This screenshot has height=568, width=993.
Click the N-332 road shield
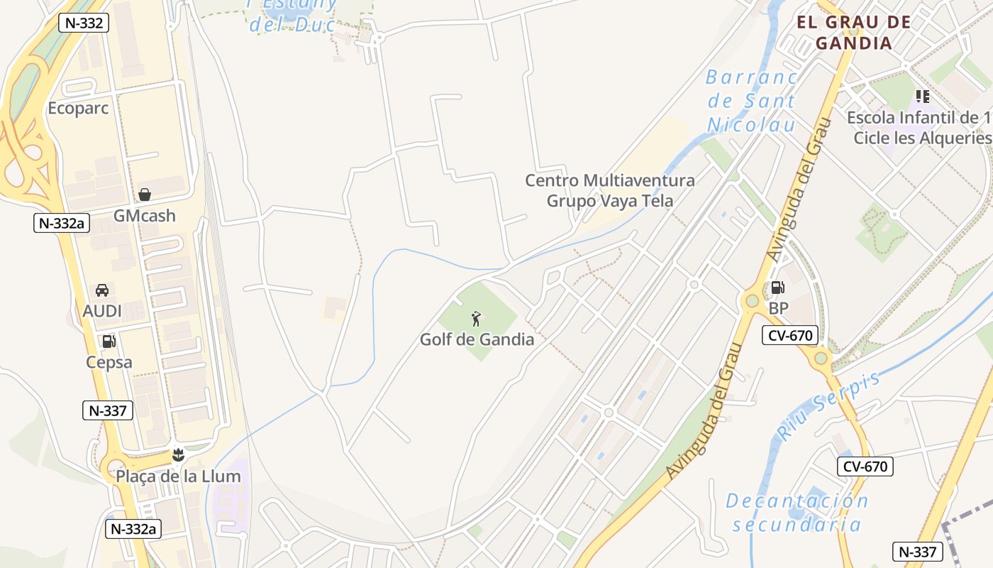84,23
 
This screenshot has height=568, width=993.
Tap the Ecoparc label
78,109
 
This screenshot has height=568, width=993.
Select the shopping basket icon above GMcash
145,195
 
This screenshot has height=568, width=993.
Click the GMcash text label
145,216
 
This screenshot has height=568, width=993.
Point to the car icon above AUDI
102,290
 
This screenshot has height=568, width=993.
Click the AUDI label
102,311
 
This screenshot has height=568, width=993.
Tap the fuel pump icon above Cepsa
109,342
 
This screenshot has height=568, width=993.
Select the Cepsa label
109,362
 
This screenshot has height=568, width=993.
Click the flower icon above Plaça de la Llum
178,454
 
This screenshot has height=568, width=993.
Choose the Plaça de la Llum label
178,476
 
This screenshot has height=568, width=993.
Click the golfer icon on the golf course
477,319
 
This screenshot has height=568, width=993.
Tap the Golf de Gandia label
477,339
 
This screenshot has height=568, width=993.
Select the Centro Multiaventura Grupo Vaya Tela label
610,190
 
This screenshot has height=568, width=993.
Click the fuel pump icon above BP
778,288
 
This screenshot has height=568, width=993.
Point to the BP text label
779,309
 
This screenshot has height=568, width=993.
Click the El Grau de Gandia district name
853,32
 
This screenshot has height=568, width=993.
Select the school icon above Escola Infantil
922,96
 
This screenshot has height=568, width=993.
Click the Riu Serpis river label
830,405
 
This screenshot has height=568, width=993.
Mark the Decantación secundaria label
797,513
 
